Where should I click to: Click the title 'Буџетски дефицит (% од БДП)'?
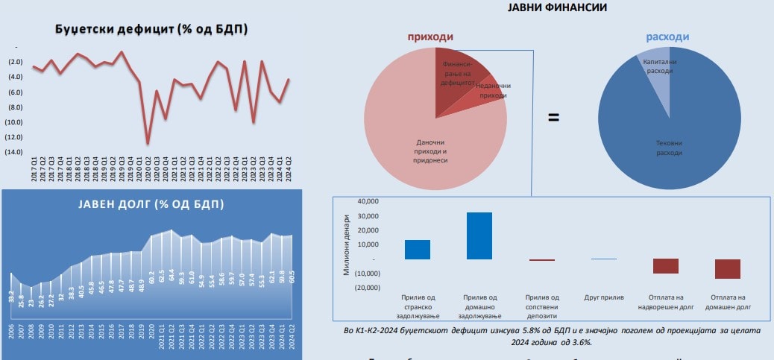[151, 29]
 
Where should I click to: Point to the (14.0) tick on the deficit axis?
[13, 152]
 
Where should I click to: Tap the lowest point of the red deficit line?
[148, 142]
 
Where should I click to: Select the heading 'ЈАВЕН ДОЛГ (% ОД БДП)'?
[151, 204]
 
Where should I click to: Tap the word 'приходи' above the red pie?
[430, 37]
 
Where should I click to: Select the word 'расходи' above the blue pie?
[667, 37]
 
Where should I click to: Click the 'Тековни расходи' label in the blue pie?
[668, 148]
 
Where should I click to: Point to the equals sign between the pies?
[554, 118]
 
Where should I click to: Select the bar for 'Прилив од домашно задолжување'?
[479, 236]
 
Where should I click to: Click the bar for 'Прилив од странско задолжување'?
[418, 249]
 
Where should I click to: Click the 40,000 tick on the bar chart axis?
[369, 201]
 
